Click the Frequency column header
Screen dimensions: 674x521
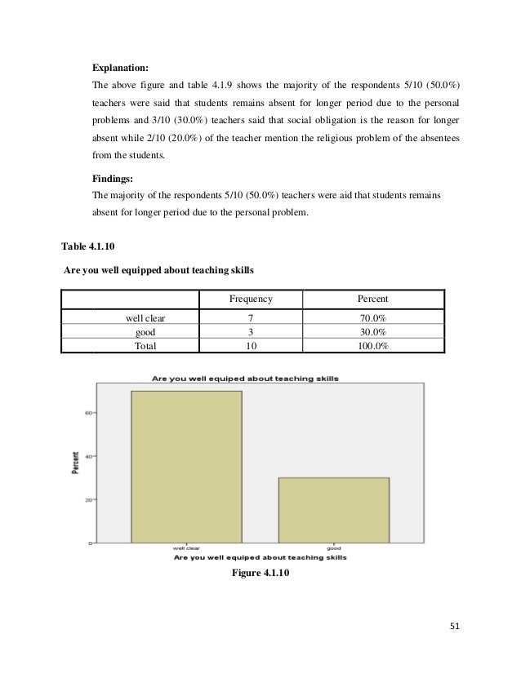[251, 299]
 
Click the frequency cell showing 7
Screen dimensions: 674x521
[250, 318]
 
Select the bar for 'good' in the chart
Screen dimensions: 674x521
[333, 510]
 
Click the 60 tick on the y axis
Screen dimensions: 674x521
[87, 413]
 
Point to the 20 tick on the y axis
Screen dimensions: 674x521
[87, 499]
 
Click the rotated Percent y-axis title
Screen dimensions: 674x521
[75, 461]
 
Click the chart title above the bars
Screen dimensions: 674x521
[245, 379]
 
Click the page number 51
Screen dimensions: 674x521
[455, 627]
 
